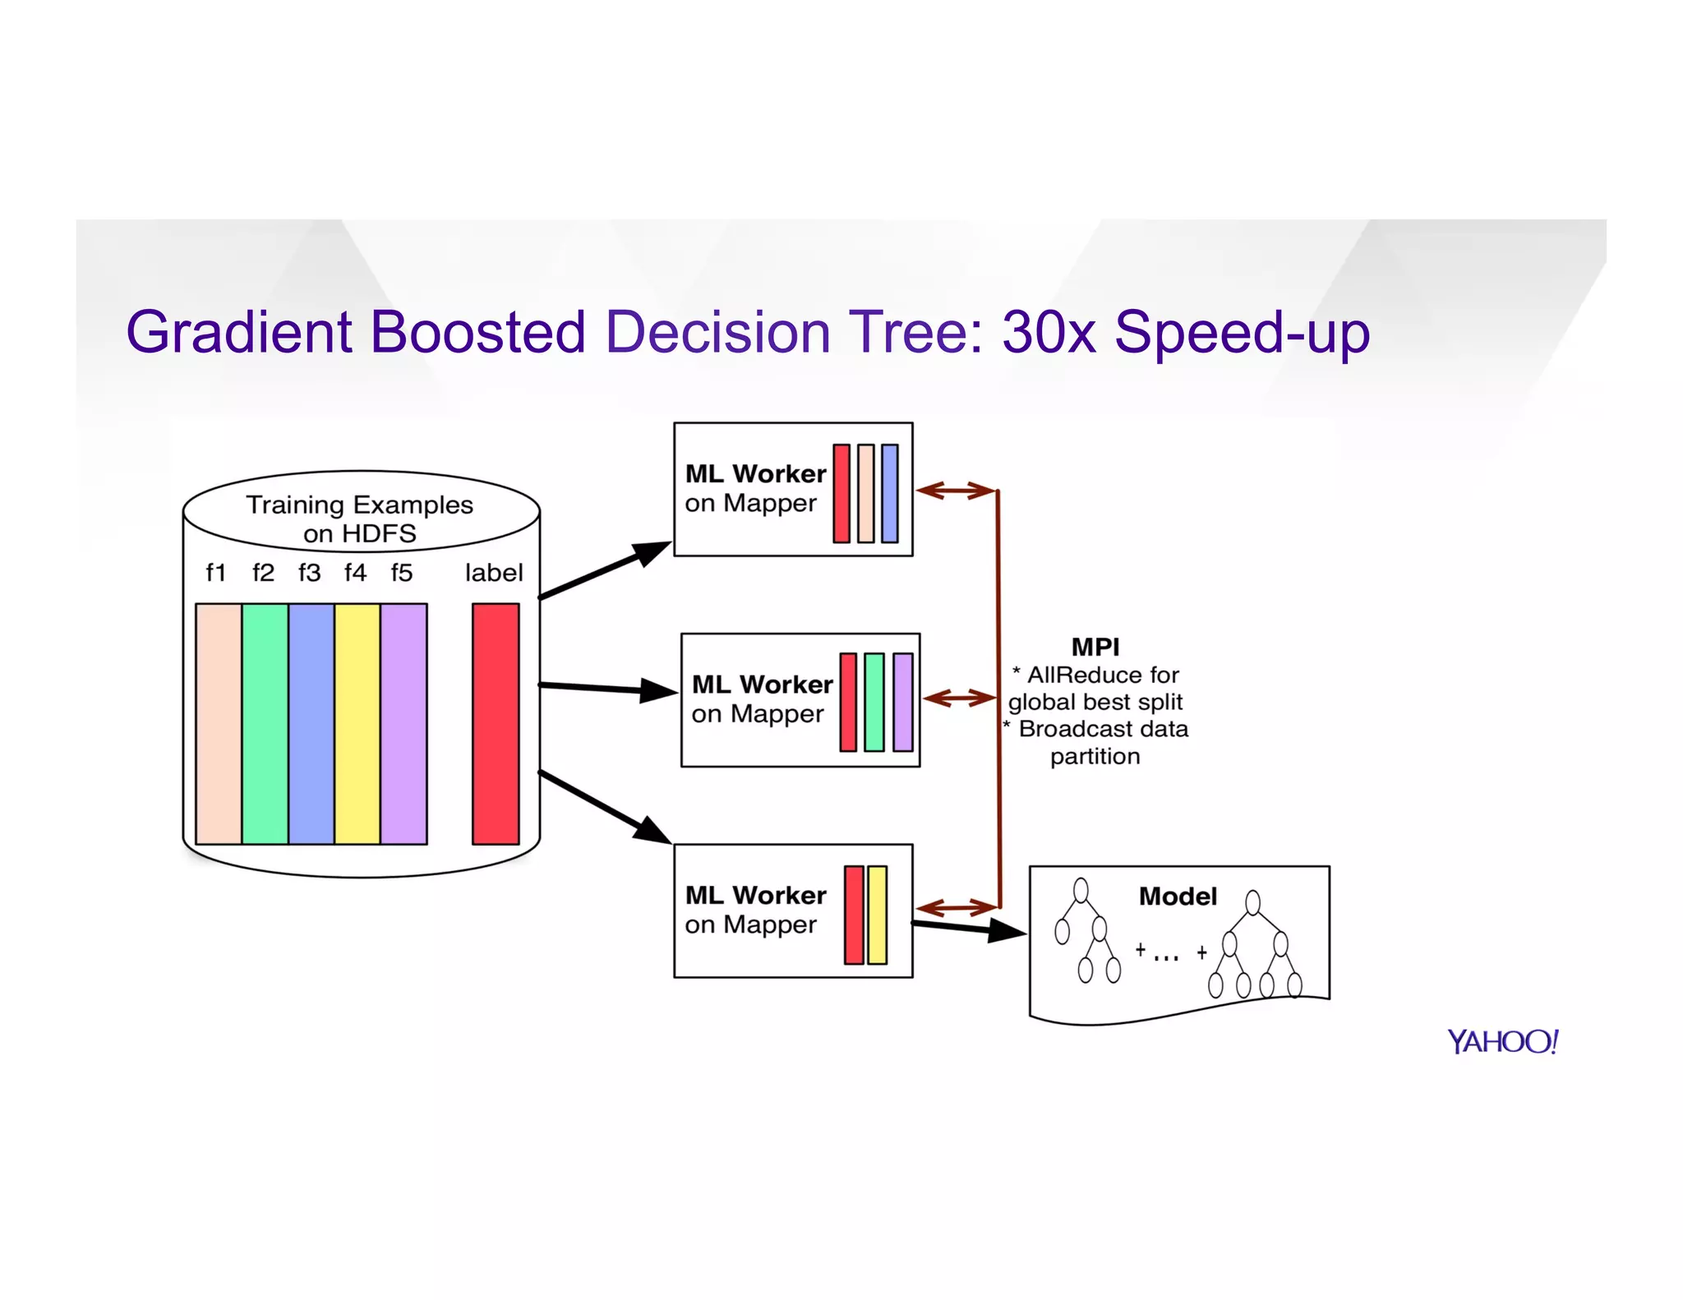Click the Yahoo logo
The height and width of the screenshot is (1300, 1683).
pyautogui.click(x=1502, y=1042)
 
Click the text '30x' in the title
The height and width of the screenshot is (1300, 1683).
pyautogui.click(x=1049, y=333)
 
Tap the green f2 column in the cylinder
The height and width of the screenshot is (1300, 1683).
pyautogui.click(x=265, y=723)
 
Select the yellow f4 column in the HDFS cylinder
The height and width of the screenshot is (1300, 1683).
pyautogui.click(x=357, y=723)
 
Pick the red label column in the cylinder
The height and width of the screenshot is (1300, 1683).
pyautogui.click(x=496, y=723)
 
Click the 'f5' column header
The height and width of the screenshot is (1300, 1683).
pyautogui.click(x=401, y=573)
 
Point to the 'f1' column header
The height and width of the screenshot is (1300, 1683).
pyautogui.click(x=216, y=573)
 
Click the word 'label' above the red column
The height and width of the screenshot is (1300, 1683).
pyautogui.click(x=493, y=573)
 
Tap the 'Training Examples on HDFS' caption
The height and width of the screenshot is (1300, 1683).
pyautogui.click(x=359, y=519)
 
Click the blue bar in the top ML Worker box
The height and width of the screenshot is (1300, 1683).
pyautogui.click(x=889, y=493)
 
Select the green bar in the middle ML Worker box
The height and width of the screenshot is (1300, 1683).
pyautogui.click(x=874, y=702)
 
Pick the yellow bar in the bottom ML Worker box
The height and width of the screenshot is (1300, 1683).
pyautogui.click(x=878, y=915)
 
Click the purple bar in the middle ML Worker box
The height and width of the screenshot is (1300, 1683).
pyautogui.click(x=903, y=702)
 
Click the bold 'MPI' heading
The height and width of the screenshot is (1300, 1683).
pyautogui.click(x=1095, y=648)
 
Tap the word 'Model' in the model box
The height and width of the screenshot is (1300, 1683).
pyautogui.click(x=1177, y=897)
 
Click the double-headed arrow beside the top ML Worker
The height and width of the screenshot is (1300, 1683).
pyautogui.click(x=956, y=491)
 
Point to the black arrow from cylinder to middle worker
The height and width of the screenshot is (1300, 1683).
pyautogui.click(x=608, y=689)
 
